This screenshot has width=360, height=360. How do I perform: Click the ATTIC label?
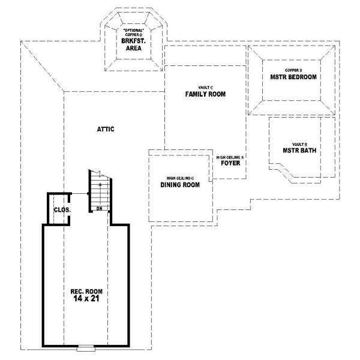point(105,129)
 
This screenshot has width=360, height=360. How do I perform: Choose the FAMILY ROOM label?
point(205,94)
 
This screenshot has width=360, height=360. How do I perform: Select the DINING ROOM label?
point(180,185)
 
